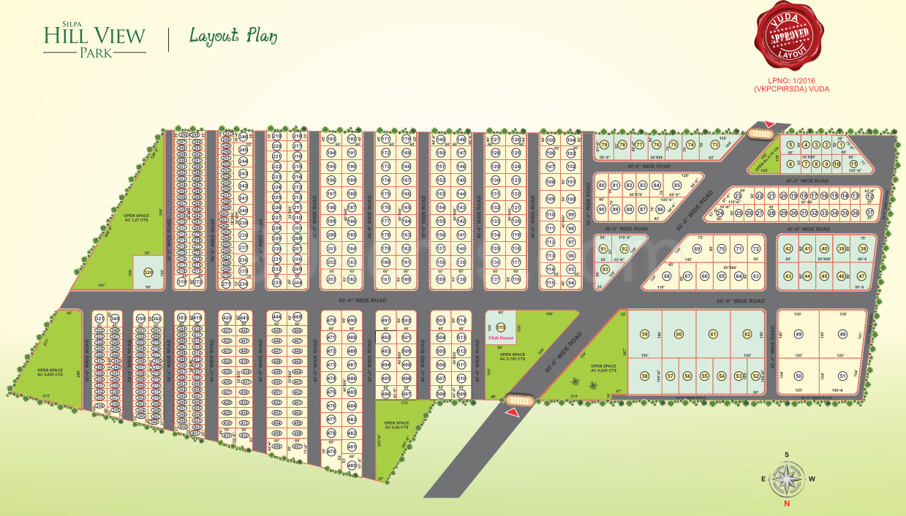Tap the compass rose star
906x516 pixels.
coord(787,479)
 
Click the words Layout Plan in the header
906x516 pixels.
coord(233,36)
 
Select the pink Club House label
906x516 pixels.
coord(502,338)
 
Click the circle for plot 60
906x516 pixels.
coord(679,334)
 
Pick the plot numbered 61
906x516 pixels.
coord(713,334)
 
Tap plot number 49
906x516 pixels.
coord(799,334)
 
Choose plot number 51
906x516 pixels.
coord(842,376)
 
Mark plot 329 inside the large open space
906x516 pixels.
coord(148,272)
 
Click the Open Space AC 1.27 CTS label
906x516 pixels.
coord(137,217)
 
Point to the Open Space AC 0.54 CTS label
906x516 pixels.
coord(396,425)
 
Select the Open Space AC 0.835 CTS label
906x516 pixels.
coord(603,368)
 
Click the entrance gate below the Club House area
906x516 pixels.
coord(520,400)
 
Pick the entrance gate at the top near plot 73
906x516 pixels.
coord(760,133)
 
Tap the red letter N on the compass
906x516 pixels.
coord(787,504)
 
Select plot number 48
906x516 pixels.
coord(842,334)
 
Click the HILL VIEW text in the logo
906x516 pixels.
coord(94,35)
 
